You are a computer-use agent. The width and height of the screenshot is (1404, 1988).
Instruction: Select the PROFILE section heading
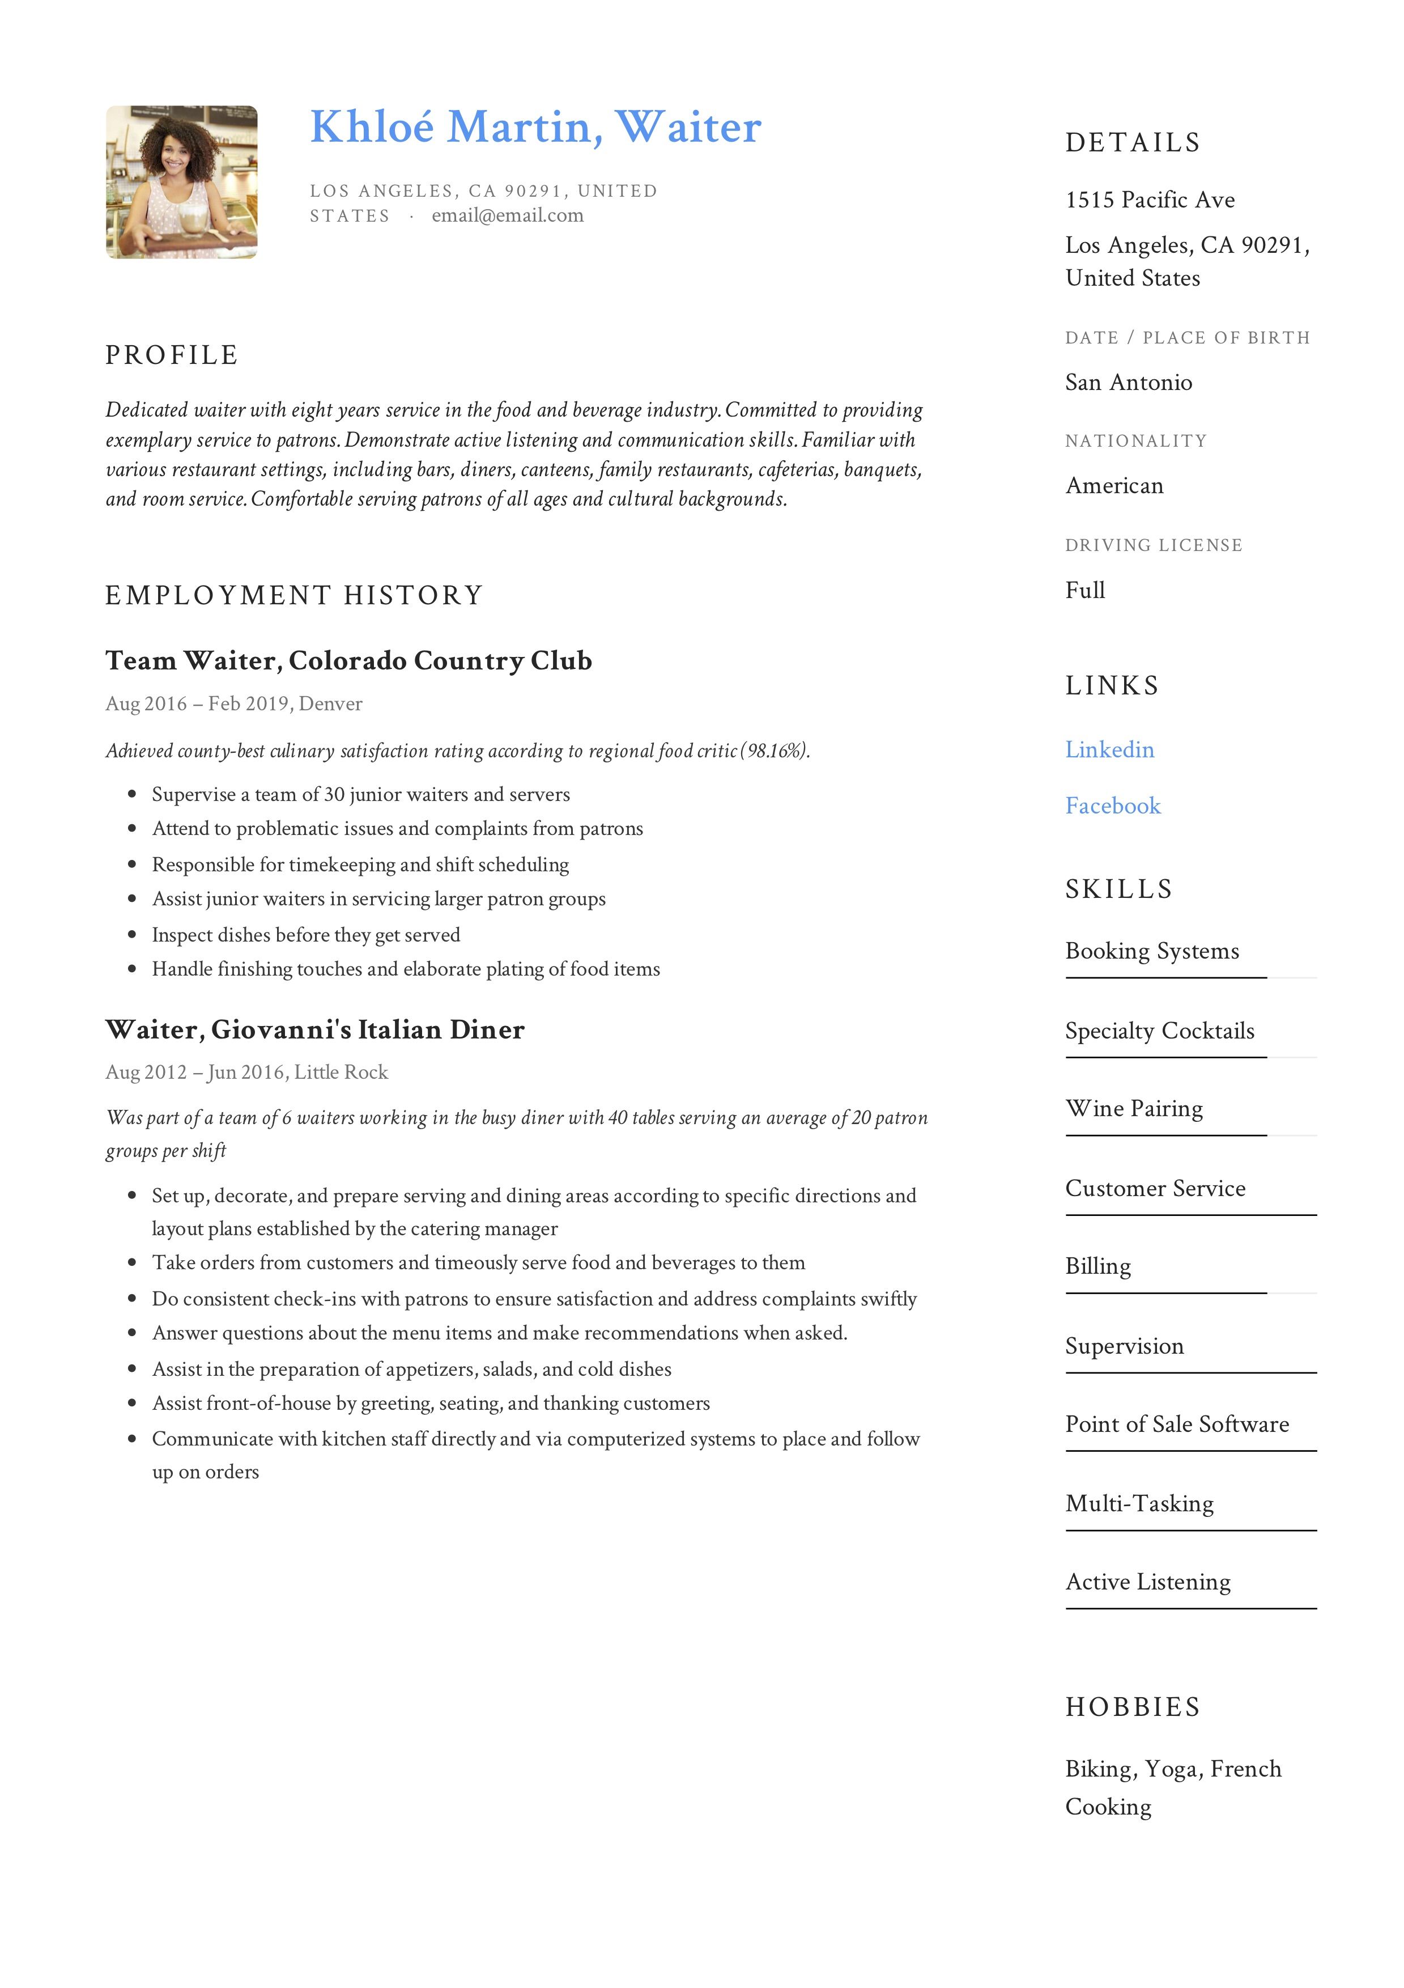pyautogui.click(x=171, y=355)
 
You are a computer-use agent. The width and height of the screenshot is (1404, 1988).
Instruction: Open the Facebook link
pyautogui.click(x=1112, y=806)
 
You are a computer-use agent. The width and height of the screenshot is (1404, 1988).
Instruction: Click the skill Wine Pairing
pyautogui.click(x=1134, y=1109)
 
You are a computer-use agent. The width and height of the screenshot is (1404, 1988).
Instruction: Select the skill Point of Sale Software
pyautogui.click(x=1176, y=1425)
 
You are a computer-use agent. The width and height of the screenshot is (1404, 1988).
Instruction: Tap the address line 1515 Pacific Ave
pyautogui.click(x=1150, y=200)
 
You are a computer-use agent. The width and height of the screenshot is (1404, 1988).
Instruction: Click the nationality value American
pyautogui.click(x=1114, y=486)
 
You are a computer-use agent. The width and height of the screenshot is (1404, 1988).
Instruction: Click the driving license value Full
pyautogui.click(x=1084, y=591)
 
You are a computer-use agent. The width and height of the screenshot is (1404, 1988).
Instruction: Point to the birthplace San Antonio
pyautogui.click(x=1128, y=383)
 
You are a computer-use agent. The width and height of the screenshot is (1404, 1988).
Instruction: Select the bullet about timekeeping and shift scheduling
pyautogui.click(x=360, y=864)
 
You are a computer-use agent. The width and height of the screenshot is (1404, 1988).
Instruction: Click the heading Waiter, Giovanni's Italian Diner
pyautogui.click(x=314, y=1029)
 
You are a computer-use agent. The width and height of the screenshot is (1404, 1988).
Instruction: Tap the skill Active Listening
pyautogui.click(x=1147, y=1582)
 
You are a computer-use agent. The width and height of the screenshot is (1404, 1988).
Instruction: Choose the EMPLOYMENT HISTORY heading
pyautogui.click(x=293, y=596)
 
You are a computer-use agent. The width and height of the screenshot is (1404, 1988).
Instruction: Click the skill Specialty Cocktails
pyautogui.click(x=1159, y=1031)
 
